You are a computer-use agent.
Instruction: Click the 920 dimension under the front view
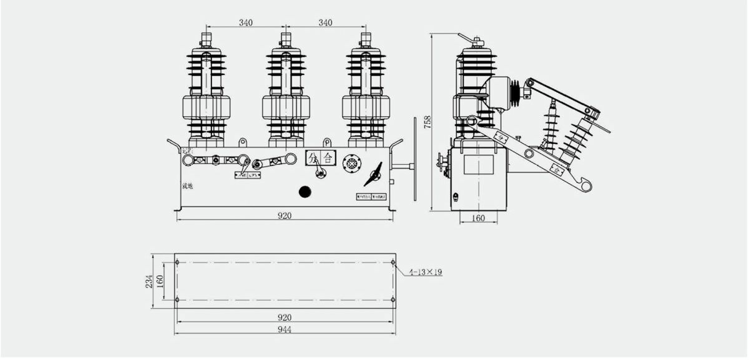[x=285, y=215]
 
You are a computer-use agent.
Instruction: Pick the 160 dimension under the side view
[x=479, y=218]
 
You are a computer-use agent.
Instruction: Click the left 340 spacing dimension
[x=245, y=23]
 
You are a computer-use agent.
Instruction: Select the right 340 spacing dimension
[x=325, y=23]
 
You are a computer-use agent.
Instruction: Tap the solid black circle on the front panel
[x=305, y=192]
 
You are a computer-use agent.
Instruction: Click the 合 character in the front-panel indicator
[x=328, y=158]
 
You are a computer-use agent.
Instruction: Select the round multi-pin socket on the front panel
[x=352, y=163]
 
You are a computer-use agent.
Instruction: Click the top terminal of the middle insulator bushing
[x=286, y=40]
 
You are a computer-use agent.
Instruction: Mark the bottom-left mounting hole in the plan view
[x=177, y=299]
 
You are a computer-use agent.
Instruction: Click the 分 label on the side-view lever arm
[x=501, y=134]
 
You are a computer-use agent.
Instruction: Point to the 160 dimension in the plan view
[x=160, y=281]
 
